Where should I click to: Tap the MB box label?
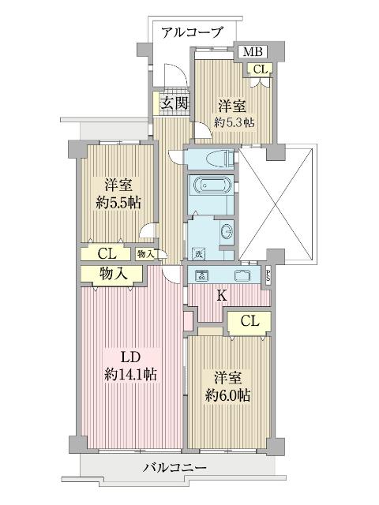[x=252, y=52]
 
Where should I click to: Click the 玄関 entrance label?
[x=173, y=103]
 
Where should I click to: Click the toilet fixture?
[x=215, y=158]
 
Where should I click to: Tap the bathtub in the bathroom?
[x=210, y=188]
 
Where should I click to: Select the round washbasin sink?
[x=226, y=232]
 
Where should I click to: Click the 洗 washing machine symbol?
[x=198, y=254]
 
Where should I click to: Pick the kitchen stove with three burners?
[x=201, y=275]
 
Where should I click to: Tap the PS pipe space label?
[x=268, y=276]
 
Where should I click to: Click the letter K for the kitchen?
[x=222, y=296]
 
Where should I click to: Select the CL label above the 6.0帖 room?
[x=250, y=321]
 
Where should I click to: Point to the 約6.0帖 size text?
[x=230, y=395]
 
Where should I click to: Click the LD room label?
[x=129, y=356]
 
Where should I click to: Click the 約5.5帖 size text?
[x=118, y=202]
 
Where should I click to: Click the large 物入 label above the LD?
[x=114, y=273]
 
